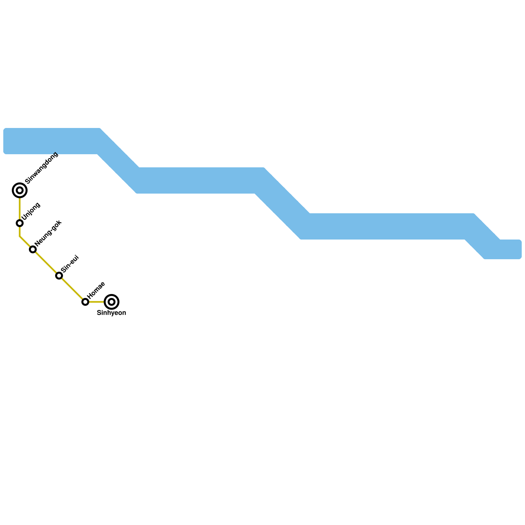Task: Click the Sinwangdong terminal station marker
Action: (x=20, y=190)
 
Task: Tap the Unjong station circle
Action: (x=20, y=223)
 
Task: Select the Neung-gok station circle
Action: (x=33, y=249)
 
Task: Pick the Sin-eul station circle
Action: (x=59, y=276)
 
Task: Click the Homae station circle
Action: (x=85, y=302)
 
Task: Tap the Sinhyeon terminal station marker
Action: (x=112, y=302)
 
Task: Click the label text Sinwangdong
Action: (x=41, y=168)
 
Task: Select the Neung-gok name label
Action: (x=48, y=233)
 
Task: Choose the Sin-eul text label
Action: (x=70, y=263)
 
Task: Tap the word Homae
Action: (x=96, y=290)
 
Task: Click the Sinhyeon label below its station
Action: (x=112, y=313)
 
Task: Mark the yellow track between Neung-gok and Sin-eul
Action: (x=46, y=262)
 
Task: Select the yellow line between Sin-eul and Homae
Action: (x=72, y=289)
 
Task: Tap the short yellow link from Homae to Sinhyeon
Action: (x=97, y=302)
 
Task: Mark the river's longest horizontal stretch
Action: (x=387, y=226)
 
